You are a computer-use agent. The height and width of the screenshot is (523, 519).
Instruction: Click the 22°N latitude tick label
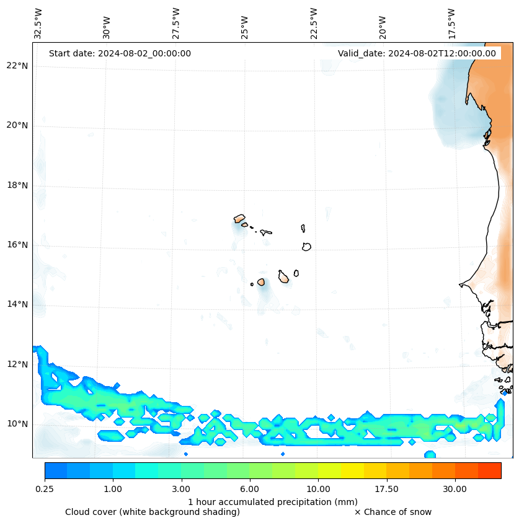point(17,66)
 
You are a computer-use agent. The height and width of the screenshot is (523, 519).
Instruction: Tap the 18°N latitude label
point(17,185)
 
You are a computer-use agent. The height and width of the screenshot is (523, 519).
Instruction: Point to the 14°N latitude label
point(17,304)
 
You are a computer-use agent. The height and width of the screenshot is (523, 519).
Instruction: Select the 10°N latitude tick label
point(17,424)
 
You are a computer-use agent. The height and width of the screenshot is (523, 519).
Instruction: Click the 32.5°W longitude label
point(38,24)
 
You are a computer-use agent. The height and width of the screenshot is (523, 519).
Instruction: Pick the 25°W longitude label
point(245,28)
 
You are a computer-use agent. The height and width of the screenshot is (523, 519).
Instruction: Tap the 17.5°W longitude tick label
point(451,24)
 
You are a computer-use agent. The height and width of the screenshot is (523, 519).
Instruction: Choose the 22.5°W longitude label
point(314,24)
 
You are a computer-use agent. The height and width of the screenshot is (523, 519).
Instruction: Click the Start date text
point(120,53)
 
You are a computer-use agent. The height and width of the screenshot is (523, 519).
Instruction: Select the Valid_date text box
point(417,53)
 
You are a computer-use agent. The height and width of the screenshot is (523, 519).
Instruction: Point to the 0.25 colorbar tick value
point(45,489)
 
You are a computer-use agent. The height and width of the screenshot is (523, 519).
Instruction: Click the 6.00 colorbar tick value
point(250,489)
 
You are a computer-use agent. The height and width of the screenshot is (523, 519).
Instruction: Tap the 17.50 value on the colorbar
point(386,489)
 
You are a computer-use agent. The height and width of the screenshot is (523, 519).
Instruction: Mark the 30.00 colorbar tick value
point(455,489)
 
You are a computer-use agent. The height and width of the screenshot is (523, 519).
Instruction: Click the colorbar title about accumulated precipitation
point(273,501)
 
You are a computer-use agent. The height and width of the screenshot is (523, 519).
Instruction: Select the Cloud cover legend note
point(153,512)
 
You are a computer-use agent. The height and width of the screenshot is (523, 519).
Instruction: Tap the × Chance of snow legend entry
point(393,512)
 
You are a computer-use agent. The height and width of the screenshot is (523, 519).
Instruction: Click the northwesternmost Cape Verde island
point(239,218)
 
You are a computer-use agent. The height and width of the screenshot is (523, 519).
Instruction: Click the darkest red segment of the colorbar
point(489,470)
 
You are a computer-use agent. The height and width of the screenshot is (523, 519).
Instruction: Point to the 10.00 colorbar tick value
point(318,489)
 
